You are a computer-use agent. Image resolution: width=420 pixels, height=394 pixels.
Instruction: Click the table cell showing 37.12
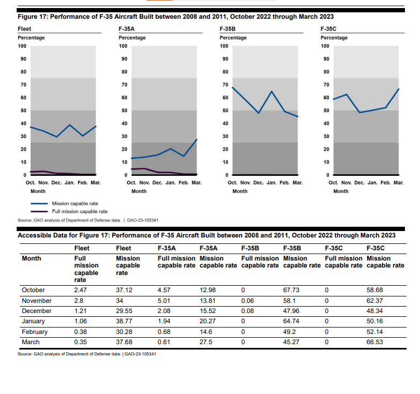(x=124, y=290)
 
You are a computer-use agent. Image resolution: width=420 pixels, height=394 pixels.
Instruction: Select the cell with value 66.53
(x=374, y=341)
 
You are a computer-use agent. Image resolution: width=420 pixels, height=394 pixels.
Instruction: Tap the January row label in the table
(x=33, y=321)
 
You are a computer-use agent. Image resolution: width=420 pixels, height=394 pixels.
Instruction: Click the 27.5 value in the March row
(x=206, y=341)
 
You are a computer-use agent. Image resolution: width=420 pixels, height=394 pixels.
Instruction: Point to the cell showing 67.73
(x=291, y=290)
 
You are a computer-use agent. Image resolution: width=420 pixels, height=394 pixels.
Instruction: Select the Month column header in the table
(x=31, y=258)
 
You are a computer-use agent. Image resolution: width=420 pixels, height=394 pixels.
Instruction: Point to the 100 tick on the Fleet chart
(x=23, y=46)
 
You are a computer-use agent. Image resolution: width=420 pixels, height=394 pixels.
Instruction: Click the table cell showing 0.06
(x=248, y=301)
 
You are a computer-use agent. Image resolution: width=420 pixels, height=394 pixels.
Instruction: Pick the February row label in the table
(x=35, y=331)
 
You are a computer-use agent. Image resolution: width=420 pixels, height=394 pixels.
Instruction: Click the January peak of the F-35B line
(x=272, y=92)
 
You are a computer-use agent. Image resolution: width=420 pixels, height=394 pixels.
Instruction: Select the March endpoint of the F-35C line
(x=399, y=89)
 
